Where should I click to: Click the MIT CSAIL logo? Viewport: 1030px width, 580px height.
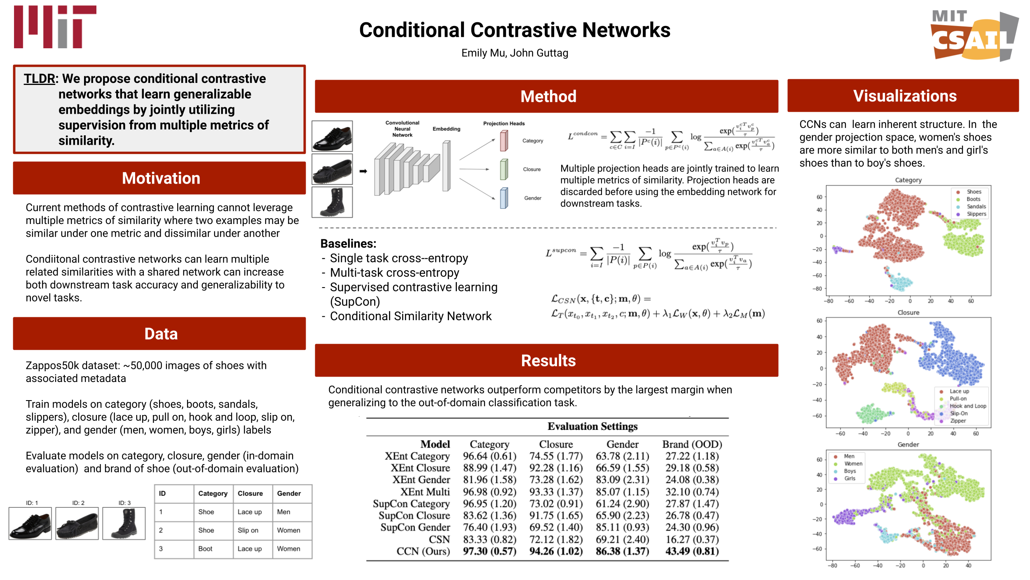click(x=974, y=36)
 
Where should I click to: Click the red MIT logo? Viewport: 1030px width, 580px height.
click(x=55, y=27)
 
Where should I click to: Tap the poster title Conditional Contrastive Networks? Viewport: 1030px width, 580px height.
click(x=515, y=30)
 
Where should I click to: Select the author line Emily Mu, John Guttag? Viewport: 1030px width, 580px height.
click(x=515, y=53)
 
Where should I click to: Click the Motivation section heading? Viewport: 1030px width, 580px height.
click(x=161, y=178)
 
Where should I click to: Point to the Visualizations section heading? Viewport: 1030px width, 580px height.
click(x=904, y=96)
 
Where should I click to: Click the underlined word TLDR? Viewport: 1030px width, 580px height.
click(x=39, y=78)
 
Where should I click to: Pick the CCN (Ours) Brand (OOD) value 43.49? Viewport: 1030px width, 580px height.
click(x=692, y=551)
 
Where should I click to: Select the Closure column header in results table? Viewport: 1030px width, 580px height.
click(x=556, y=444)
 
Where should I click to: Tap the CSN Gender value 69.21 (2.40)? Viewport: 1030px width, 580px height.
click(x=622, y=539)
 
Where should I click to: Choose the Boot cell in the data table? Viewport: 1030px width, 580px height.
click(x=205, y=549)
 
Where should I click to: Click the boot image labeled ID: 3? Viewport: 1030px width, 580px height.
click(x=124, y=523)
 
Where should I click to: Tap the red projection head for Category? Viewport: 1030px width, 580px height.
click(x=504, y=141)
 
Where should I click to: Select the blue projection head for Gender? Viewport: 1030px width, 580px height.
click(x=504, y=198)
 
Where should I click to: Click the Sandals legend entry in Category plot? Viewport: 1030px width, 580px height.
click(x=976, y=207)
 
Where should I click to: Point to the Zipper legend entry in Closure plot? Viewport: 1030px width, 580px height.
click(x=958, y=421)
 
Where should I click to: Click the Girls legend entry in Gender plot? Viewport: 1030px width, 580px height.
click(x=850, y=479)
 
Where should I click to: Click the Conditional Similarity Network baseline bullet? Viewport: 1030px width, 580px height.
click(x=410, y=316)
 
